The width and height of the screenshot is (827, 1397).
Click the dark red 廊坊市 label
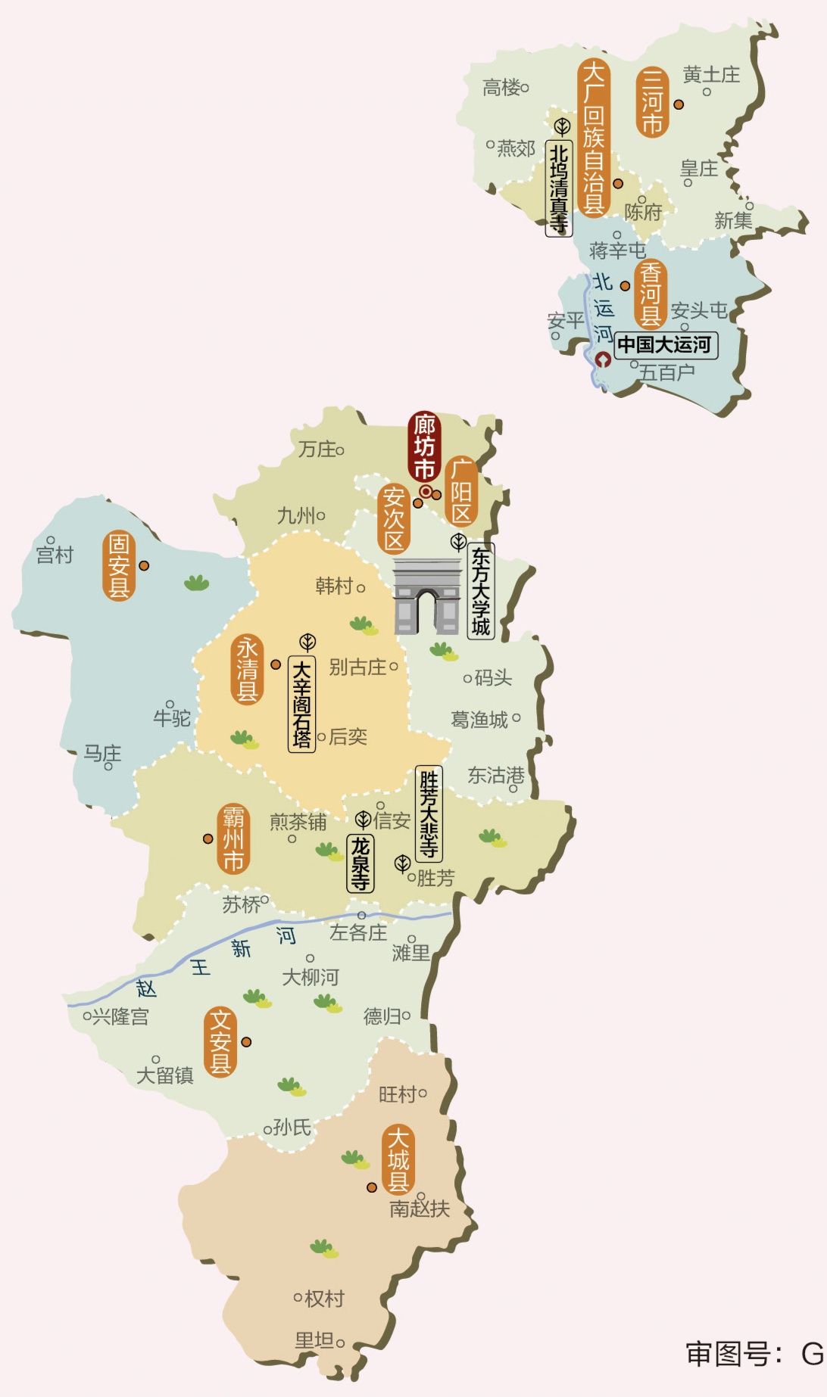tap(424, 446)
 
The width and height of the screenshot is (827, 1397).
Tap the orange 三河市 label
tap(652, 102)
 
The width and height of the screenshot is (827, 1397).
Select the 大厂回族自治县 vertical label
tap(594, 138)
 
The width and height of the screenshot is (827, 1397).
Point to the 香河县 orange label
tap(650, 294)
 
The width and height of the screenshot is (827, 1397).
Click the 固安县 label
tap(118, 565)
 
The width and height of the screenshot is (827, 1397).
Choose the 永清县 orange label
tap(247, 670)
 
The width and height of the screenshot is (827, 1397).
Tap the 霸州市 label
tap(233, 839)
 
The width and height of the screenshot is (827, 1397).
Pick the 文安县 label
tap(220, 1041)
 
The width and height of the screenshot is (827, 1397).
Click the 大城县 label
tap(398, 1160)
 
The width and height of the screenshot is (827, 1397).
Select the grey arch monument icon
tap(427, 596)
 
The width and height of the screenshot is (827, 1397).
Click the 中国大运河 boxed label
tap(665, 345)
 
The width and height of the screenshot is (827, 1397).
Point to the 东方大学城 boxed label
tap(481, 591)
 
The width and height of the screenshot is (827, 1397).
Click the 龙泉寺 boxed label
tap(360, 863)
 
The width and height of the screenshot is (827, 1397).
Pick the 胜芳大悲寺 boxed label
tap(429, 814)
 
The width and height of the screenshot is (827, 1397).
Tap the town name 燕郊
tap(516, 148)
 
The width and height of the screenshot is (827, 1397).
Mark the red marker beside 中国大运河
tap(603, 359)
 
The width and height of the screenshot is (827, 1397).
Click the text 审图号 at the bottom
tap(728, 1354)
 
